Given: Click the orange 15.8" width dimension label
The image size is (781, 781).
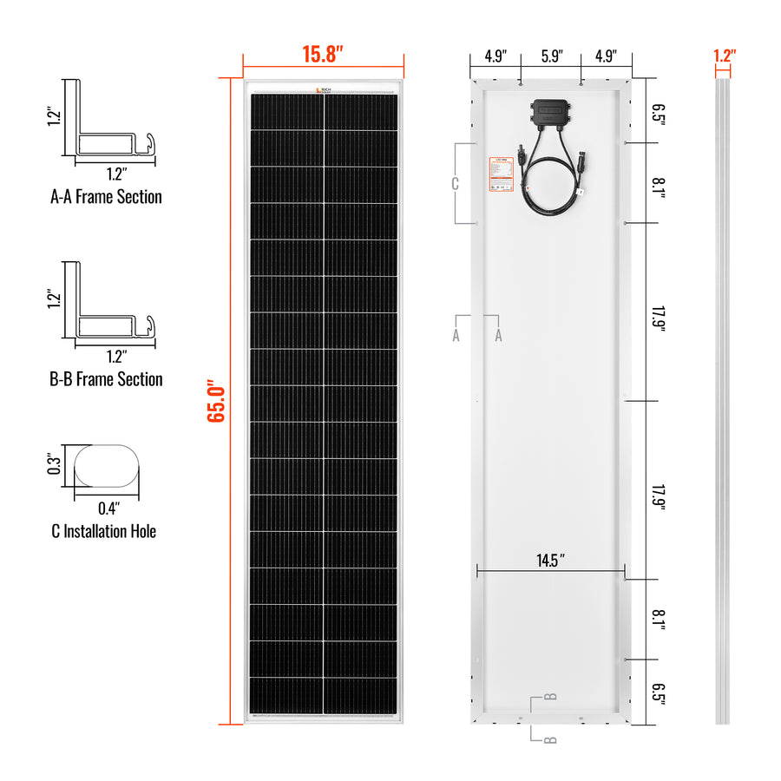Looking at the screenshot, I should point(323,54).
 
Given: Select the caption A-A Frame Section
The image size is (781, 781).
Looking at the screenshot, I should point(106,197).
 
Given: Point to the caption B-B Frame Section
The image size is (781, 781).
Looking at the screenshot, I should point(106,379).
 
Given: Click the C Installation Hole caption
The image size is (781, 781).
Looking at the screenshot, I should point(104,531).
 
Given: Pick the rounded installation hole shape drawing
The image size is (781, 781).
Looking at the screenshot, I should point(106,466).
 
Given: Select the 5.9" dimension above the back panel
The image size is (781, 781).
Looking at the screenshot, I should point(551,56).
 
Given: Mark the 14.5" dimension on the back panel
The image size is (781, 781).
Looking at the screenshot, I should point(550,559).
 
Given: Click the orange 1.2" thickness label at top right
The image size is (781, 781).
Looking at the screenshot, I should point(724,55).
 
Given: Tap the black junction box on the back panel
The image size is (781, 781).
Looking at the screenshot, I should point(550,112).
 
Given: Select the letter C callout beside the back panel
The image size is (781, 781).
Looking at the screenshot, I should point(454,183).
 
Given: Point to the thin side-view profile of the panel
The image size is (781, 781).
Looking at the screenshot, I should point(722,400).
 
